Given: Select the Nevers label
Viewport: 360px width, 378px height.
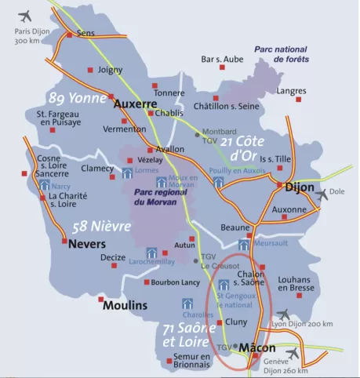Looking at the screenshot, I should [87, 243].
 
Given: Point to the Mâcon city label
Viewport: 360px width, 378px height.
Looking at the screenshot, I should [257, 347].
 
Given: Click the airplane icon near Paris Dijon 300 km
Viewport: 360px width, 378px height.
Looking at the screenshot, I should [26, 16].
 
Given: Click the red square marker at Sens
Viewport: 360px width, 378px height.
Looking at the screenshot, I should [70, 35].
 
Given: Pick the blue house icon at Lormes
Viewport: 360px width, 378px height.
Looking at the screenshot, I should [128, 173].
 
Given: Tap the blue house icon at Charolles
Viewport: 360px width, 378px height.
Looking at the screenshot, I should [187, 303].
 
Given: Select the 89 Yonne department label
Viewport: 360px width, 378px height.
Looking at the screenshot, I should [77, 98].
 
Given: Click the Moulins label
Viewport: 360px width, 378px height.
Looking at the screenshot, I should [125, 304].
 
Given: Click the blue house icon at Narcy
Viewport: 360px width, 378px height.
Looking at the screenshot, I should [45, 186].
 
